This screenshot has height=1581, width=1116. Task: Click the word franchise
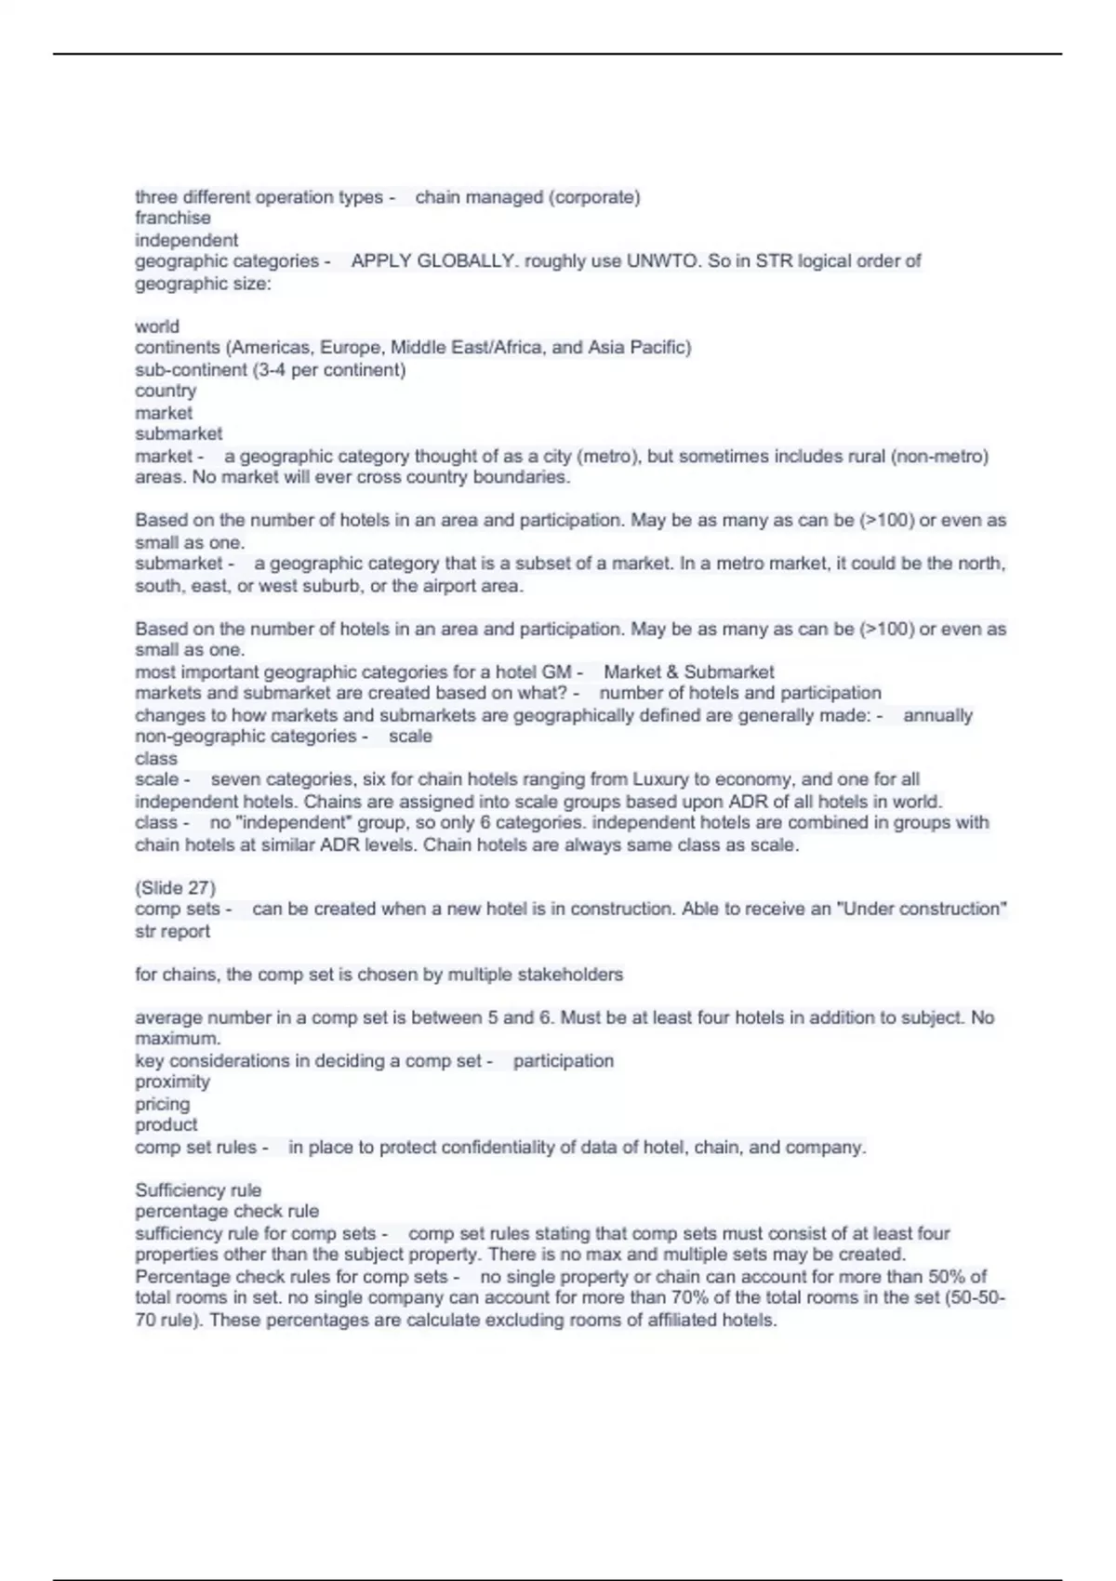(173, 219)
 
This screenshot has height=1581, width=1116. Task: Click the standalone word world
(157, 326)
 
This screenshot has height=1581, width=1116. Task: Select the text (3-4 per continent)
(329, 370)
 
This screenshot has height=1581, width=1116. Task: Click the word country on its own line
(166, 392)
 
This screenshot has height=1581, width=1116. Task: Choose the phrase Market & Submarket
(688, 672)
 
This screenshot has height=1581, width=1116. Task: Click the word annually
(937, 716)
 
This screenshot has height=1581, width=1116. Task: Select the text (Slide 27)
(175, 888)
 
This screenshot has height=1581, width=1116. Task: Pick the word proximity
(172, 1083)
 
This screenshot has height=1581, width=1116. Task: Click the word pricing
(163, 1104)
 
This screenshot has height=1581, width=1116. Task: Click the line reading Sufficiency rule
(198, 1190)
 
